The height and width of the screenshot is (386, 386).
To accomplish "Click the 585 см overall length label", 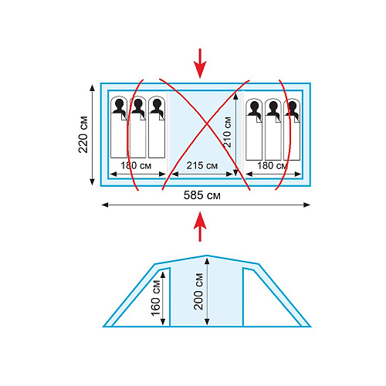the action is (x=201, y=195).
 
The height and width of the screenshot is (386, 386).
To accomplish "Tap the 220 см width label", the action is (x=83, y=134).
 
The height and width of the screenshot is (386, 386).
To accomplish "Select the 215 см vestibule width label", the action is (x=202, y=165).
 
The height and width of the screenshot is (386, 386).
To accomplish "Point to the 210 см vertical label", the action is (x=227, y=132).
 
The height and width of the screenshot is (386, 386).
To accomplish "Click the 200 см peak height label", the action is (x=198, y=291).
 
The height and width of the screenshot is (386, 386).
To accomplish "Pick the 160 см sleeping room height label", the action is (x=155, y=298).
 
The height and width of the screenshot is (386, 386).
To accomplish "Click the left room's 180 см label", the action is (x=136, y=165).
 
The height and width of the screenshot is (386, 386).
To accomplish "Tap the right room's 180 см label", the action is (x=273, y=165).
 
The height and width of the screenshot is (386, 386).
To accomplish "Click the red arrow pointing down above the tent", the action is (x=200, y=63).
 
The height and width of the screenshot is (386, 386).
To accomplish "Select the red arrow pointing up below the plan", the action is (x=200, y=226).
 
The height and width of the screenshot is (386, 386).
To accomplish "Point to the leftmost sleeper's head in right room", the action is (x=254, y=106).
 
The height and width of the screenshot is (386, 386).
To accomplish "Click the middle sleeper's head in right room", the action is (x=273, y=106).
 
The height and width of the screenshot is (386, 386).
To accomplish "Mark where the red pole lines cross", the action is (x=207, y=124).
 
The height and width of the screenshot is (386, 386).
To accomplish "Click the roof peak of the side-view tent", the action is (x=207, y=256).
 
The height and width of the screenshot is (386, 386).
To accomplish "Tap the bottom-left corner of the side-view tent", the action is (x=103, y=327).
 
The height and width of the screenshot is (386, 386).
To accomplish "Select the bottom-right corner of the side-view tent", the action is (x=310, y=327).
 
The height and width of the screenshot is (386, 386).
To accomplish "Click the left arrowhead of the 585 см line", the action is (x=105, y=205).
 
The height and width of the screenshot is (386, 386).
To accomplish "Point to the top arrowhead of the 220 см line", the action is (x=92, y=87).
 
